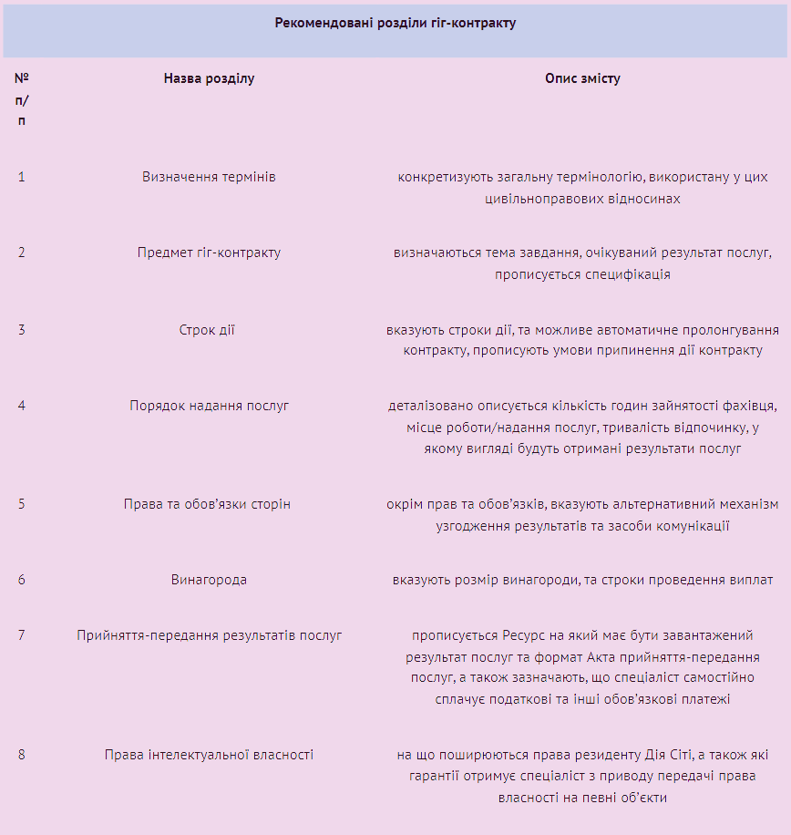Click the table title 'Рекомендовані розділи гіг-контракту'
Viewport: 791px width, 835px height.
click(x=395, y=23)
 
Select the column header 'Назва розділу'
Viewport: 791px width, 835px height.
click(x=209, y=78)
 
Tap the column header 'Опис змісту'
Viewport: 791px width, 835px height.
click(x=582, y=78)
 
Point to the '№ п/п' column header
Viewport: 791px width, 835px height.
click(x=22, y=99)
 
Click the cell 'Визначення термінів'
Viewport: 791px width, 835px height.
click(x=209, y=176)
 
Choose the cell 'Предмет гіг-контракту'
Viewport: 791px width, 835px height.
click(x=209, y=253)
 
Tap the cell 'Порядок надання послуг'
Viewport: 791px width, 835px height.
click(x=209, y=406)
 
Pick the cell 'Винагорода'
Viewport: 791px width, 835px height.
click(x=209, y=580)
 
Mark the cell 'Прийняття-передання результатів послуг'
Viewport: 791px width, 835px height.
click(x=209, y=634)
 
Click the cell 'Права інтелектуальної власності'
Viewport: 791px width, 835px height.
click(x=209, y=755)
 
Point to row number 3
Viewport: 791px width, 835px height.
click(x=22, y=329)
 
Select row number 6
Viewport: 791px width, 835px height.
click(x=22, y=580)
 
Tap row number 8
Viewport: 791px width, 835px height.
click(x=22, y=755)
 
